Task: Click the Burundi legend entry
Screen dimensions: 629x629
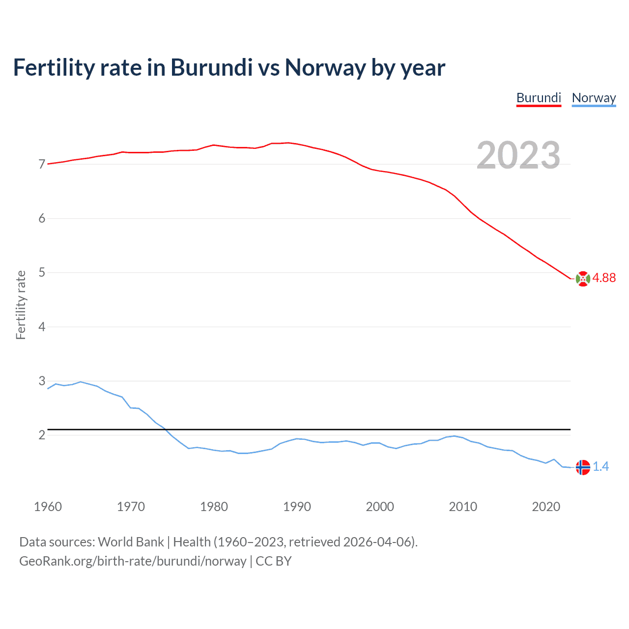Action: [x=539, y=98]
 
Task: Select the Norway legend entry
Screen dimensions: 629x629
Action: [x=594, y=98]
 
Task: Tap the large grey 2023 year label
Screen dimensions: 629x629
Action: [x=518, y=155]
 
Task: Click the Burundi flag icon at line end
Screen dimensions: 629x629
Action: [x=582, y=279]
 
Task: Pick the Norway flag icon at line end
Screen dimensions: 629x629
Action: [x=582, y=467]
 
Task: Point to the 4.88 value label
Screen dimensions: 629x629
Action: [x=604, y=278]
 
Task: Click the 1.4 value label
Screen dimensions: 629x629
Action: [x=600, y=466]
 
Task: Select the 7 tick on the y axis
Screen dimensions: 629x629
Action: [x=42, y=164]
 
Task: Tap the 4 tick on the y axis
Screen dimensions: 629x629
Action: [x=42, y=327]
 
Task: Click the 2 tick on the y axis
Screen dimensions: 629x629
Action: [x=42, y=435]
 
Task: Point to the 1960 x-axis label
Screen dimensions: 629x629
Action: [x=48, y=507]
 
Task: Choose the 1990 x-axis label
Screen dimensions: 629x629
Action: [x=297, y=507]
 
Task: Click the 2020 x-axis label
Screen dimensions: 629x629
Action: [x=546, y=507]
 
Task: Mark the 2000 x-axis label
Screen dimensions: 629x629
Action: [x=380, y=507]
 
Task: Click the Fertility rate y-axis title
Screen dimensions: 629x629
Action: [x=21, y=305]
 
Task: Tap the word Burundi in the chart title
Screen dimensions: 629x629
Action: [x=211, y=68]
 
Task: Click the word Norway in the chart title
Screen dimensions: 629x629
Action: [x=325, y=68]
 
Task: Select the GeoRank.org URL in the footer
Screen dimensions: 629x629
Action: [x=133, y=561]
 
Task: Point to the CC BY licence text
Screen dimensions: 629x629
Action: [x=274, y=561]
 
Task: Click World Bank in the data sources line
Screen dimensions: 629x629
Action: [x=131, y=542]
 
